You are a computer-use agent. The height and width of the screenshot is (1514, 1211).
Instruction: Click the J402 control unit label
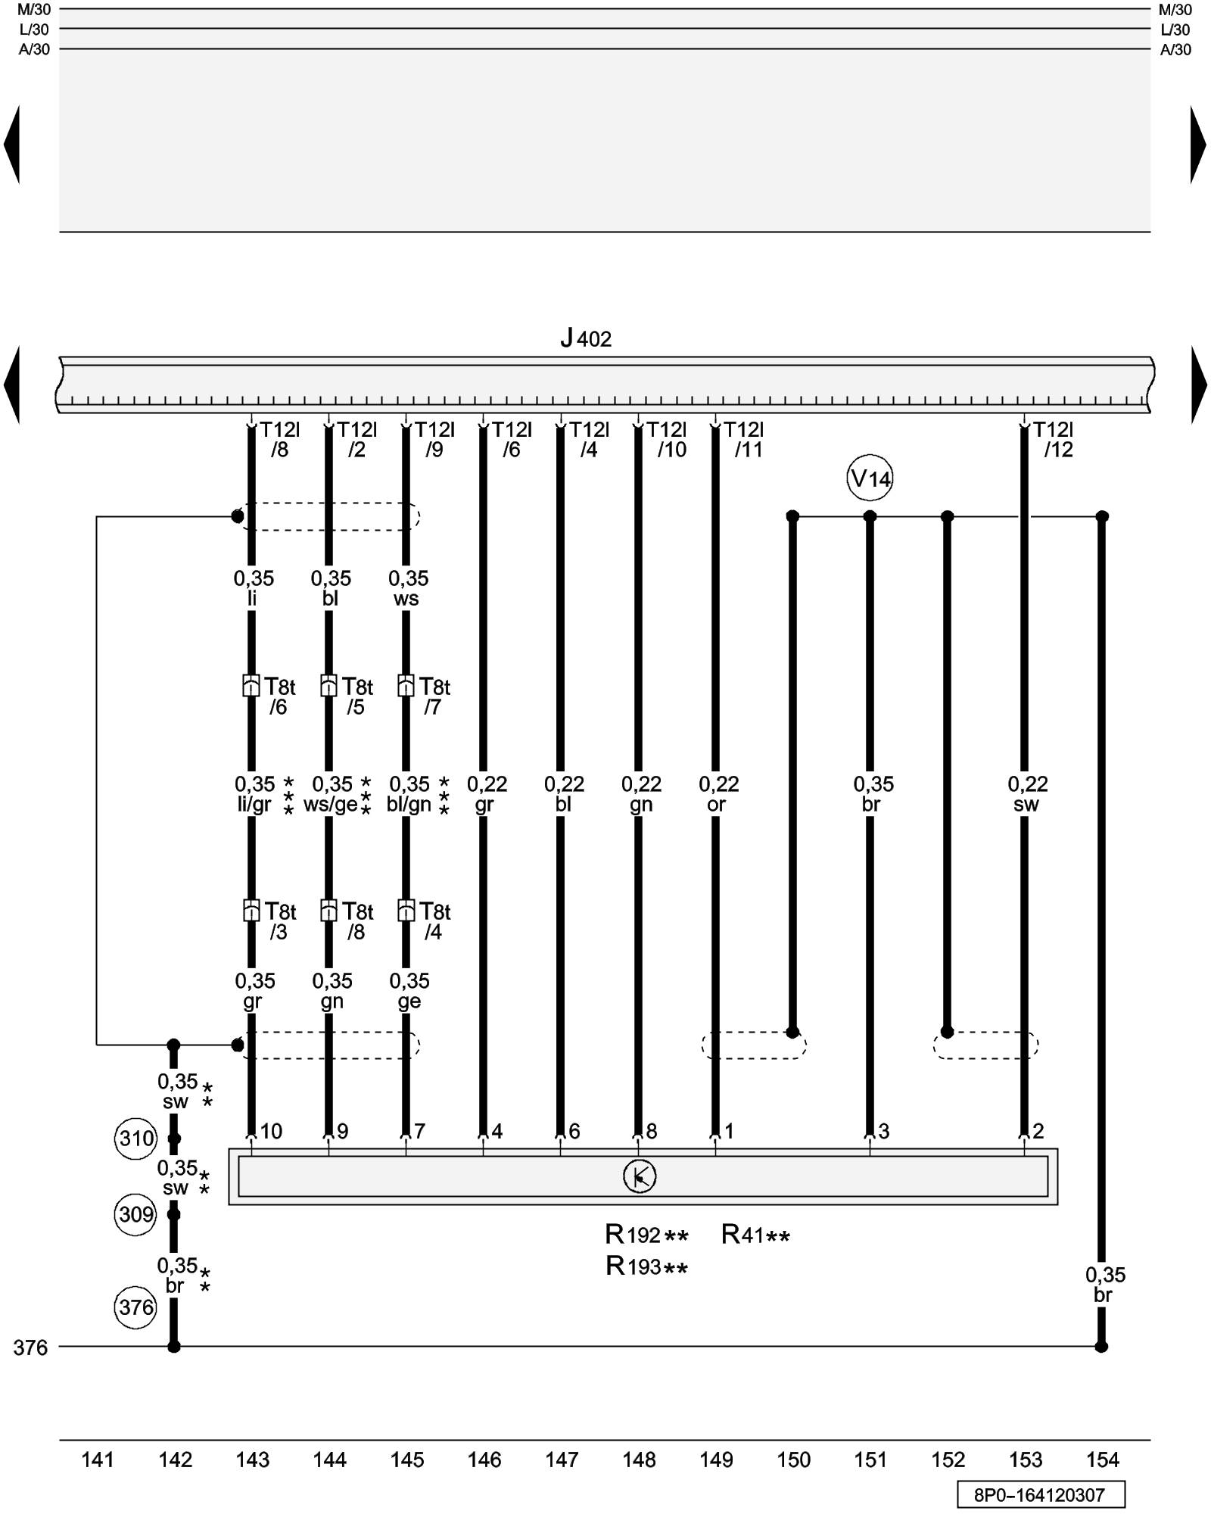586,338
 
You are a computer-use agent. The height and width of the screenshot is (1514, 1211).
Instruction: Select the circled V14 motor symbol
870,478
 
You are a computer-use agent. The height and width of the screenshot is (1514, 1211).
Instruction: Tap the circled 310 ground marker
136,1138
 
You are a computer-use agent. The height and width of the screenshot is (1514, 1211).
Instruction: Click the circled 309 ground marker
136,1214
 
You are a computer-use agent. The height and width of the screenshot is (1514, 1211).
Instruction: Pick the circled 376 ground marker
136,1307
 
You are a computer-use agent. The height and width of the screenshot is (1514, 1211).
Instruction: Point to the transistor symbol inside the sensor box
640,1176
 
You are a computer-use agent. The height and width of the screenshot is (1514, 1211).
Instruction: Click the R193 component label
646,1266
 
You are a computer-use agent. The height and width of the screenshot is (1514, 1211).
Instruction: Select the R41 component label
755,1235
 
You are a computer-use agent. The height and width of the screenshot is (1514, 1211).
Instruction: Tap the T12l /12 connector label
1054,440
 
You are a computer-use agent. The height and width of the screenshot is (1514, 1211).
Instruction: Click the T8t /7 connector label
434,696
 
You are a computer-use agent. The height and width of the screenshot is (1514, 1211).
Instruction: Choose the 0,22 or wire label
718,793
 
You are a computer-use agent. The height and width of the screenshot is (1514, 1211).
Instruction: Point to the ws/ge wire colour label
331,805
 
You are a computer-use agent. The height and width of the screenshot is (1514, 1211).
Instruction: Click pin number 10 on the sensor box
271,1131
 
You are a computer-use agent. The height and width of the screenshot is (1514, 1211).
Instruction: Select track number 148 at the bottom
639,1459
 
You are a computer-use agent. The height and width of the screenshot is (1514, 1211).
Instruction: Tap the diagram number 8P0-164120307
1040,1495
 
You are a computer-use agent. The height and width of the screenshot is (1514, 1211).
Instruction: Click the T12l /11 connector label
745,440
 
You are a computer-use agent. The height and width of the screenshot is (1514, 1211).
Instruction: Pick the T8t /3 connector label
279,921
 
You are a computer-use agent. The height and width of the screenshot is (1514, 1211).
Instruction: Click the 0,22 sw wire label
1027,793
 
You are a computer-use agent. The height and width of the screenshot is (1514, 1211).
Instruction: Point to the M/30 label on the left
34,10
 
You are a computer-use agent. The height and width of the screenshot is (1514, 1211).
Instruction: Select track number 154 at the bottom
1102,1459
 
